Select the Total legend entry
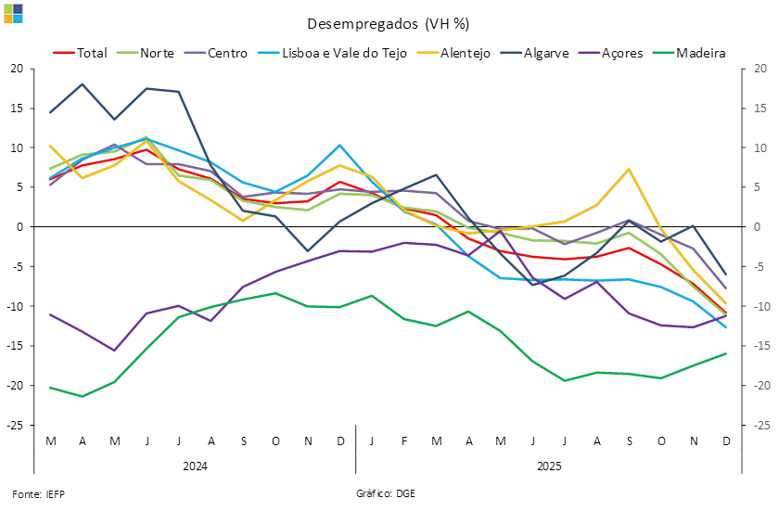click(x=91, y=53)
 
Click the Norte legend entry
click(x=158, y=53)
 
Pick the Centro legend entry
click(x=227, y=53)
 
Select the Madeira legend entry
click(x=701, y=53)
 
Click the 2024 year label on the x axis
click(x=195, y=465)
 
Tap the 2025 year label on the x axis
click(x=550, y=465)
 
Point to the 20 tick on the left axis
click(x=17, y=69)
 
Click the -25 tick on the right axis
click(x=759, y=425)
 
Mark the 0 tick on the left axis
click(x=19, y=227)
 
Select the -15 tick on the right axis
click(x=759, y=346)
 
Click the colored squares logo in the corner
click(x=13, y=12)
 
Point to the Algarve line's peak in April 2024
click(x=82, y=84)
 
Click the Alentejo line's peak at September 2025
click(x=630, y=169)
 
